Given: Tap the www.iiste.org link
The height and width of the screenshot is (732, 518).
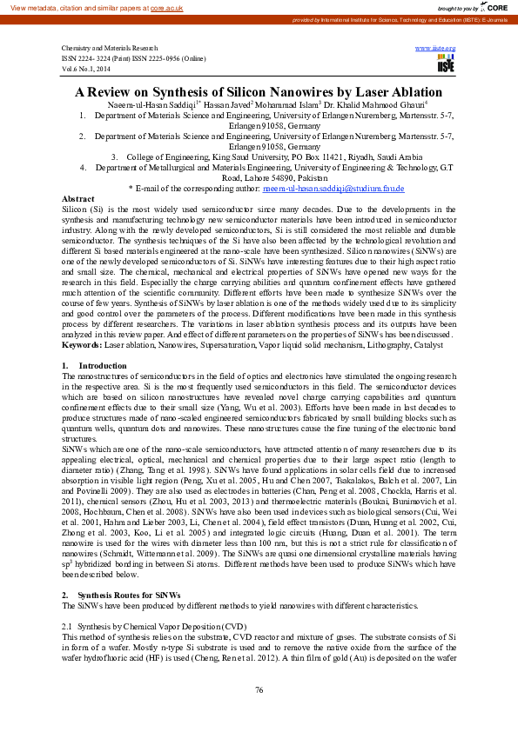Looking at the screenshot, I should click(436, 48).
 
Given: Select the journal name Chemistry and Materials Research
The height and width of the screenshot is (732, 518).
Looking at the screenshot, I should click(110, 49).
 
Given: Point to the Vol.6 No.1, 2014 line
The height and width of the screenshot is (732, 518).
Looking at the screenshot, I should click(86, 68).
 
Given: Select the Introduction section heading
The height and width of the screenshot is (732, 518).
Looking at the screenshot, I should click(104, 366).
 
